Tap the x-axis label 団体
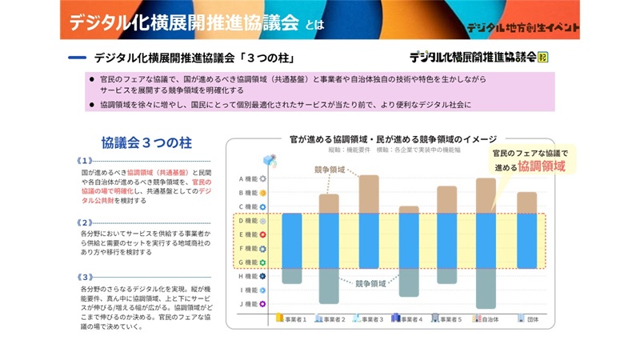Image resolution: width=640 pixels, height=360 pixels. tap(531, 318)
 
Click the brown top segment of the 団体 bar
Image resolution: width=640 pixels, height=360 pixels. tap(526, 203)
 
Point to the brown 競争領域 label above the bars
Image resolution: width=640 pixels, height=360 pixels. tap(330, 170)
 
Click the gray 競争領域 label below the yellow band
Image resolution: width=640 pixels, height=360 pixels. tap(370, 282)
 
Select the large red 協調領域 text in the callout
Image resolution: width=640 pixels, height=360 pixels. tap(542, 166)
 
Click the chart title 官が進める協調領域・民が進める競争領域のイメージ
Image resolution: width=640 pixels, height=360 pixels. tap(394, 138)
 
